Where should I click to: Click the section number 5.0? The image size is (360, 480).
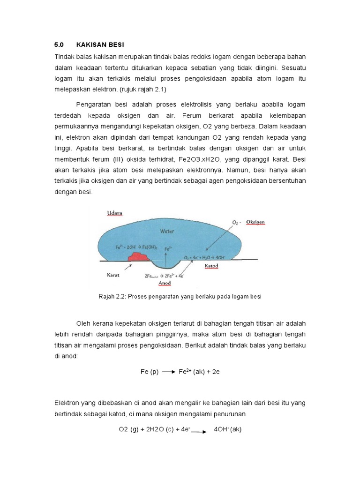[x=59, y=45]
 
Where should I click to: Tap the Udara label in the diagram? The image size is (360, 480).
[x=115, y=213]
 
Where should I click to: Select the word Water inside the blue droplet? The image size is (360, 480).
[x=167, y=231]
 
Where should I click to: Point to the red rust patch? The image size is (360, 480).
[x=138, y=256]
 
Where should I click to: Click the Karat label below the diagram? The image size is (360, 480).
[x=114, y=276]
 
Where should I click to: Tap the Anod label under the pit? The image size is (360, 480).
[x=165, y=283]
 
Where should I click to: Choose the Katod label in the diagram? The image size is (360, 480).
[x=212, y=266]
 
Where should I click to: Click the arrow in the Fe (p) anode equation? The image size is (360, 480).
[x=168, y=372]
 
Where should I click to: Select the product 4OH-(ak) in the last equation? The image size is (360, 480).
[x=227, y=429]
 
